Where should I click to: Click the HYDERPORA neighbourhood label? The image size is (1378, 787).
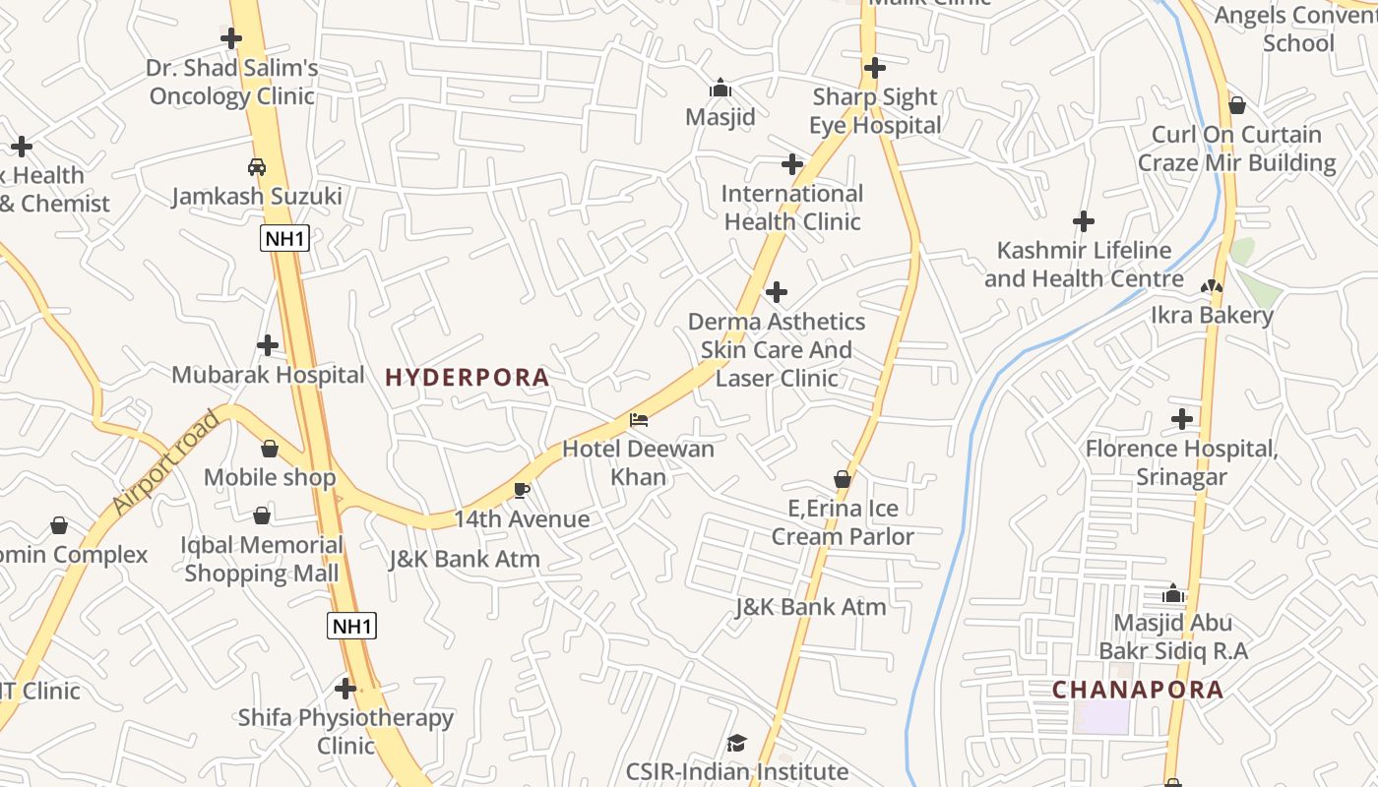coord(467,377)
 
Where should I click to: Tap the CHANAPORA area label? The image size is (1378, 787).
coord(1137,690)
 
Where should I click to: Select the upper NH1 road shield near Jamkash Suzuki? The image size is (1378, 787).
coord(284,238)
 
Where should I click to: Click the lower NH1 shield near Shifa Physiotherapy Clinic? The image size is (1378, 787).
coord(351,626)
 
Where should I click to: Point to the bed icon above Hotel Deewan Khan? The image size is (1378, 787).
coord(639,420)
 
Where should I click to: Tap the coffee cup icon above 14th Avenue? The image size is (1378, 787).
coord(522,490)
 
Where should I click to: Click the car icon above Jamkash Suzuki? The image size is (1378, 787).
coord(257,166)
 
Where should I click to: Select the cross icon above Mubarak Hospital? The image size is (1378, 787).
coord(267,345)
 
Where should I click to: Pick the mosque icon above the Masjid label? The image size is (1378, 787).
coord(720,88)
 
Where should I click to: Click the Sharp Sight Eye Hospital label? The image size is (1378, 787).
coord(875,111)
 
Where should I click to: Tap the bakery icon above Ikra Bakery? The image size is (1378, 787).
coord(1212,286)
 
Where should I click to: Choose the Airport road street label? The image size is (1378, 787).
coord(164,462)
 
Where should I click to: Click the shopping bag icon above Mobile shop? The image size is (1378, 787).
coord(270,449)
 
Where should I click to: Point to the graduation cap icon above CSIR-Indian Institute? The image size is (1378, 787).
coord(736,743)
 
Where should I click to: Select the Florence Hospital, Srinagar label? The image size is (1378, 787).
coord(1181,462)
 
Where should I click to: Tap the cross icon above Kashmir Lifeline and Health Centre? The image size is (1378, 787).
coord(1084,221)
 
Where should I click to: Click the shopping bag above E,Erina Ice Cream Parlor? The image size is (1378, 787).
coord(843,479)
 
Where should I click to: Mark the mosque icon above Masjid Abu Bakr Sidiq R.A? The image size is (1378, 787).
coord(1172,593)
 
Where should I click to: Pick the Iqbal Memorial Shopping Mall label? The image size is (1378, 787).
coord(262,559)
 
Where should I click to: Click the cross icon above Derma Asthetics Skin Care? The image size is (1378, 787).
coord(777,292)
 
